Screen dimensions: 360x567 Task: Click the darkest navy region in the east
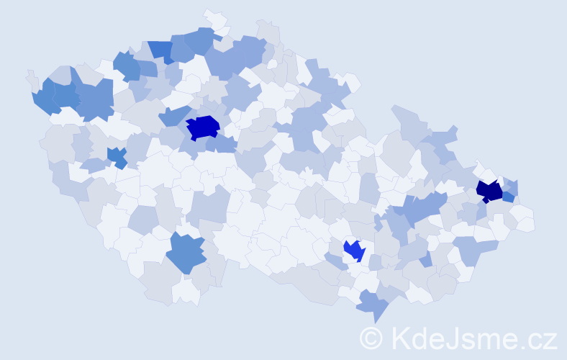(490, 191)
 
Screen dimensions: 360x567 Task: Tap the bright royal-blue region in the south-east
(354, 250)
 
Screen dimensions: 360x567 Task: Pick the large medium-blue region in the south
(186, 253)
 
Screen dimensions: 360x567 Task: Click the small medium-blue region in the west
(116, 156)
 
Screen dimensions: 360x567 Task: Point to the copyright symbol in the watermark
(371, 338)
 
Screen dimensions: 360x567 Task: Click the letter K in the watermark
(401, 338)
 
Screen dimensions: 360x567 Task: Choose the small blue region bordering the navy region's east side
(508, 196)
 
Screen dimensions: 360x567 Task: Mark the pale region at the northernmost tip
(214, 17)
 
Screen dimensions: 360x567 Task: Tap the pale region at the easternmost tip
(525, 223)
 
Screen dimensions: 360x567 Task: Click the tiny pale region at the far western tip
(31, 77)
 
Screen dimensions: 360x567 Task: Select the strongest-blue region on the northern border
(160, 50)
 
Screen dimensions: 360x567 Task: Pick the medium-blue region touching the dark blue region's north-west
(173, 114)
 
